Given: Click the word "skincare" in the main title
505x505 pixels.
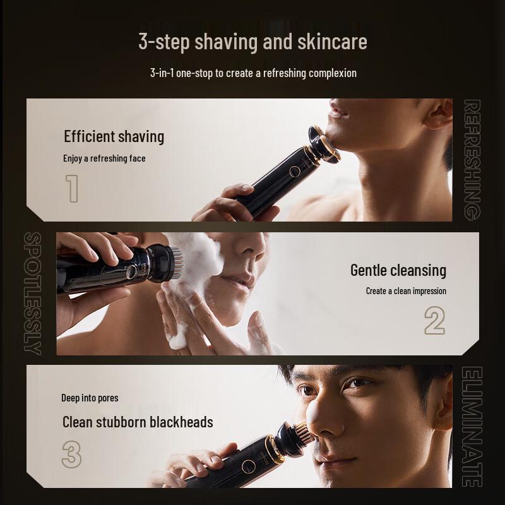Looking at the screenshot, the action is click(x=332, y=42).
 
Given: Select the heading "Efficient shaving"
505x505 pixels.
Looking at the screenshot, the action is click(x=114, y=136).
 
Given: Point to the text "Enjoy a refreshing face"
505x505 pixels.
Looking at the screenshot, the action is click(x=104, y=158).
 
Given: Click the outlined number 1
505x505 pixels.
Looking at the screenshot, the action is click(x=72, y=188).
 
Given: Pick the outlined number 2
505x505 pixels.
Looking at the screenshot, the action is click(x=434, y=321).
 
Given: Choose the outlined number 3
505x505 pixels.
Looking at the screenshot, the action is click(x=71, y=454).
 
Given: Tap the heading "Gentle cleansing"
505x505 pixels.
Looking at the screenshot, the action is click(x=398, y=270).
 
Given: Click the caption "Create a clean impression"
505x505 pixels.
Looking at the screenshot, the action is click(x=406, y=291).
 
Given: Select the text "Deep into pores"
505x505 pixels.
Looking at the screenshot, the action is click(x=90, y=398).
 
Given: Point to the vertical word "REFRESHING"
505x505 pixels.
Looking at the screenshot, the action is click(x=472, y=160).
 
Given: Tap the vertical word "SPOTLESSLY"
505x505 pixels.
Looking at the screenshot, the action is click(x=33, y=294).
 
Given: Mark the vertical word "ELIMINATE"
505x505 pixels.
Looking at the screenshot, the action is click(x=472, y=427).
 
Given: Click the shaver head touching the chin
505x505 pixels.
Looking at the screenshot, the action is click(x=324, y=145).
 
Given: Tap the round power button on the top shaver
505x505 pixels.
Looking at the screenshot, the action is click(x=294, y=171).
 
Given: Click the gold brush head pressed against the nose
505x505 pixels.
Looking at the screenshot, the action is click(x=305, y=432).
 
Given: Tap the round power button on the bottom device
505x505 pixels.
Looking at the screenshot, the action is click(x=249, y=466).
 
